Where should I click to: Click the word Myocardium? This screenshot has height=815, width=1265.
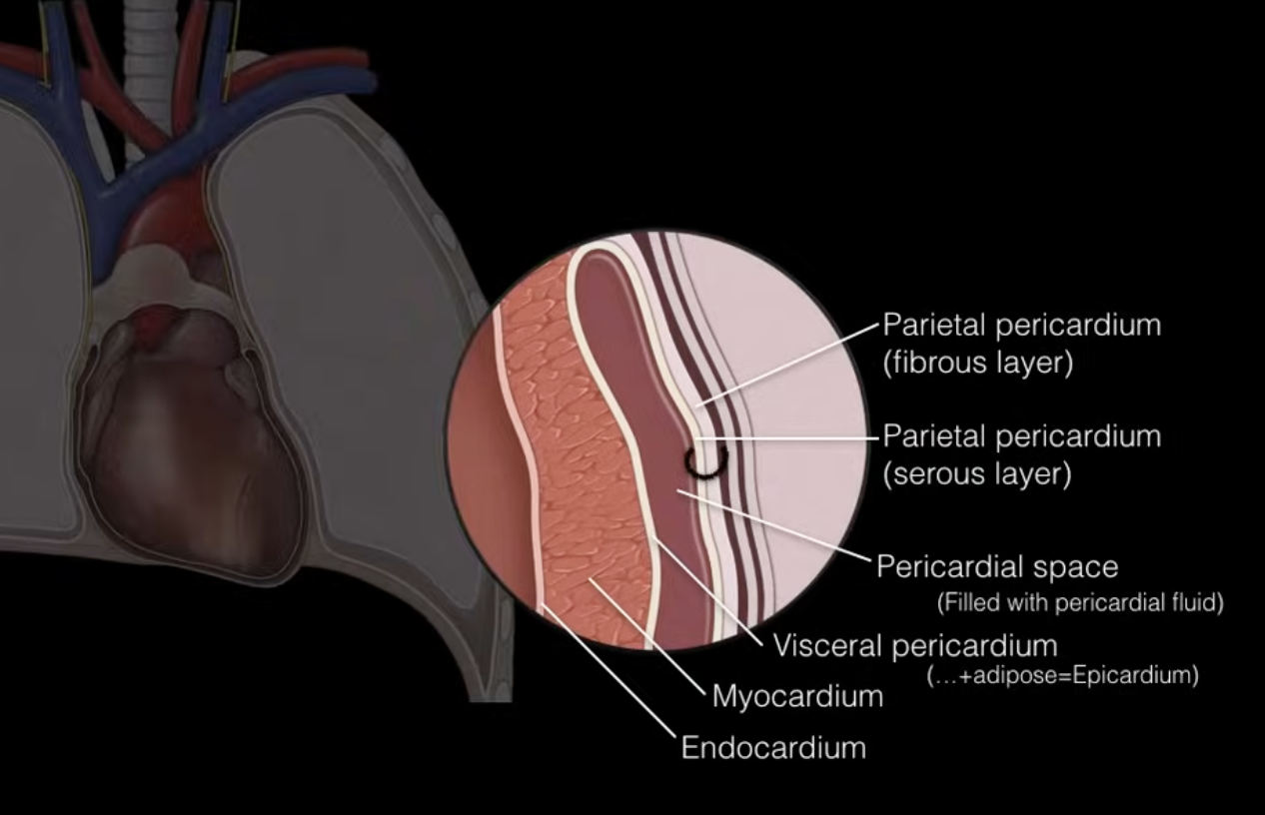coord(797,695)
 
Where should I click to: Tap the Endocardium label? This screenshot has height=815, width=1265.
coord(773,747)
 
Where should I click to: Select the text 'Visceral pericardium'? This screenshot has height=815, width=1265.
coord(914,645)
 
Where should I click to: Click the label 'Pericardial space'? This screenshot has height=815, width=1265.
coord(997,567)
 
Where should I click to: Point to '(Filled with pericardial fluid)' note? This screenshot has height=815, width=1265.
coord(1079,603)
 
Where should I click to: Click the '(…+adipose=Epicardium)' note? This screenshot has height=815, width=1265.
coord(1063,675)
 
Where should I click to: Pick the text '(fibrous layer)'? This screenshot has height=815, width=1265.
coord(977,363)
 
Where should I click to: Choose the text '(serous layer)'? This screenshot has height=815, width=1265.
coord(976,473)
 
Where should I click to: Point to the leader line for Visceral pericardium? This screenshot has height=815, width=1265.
coord(709,589)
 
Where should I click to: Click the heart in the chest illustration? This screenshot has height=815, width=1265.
coord(190,439)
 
